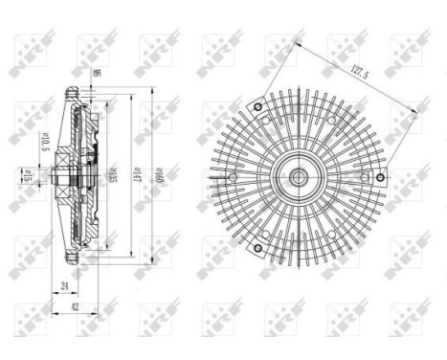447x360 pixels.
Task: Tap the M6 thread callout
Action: point(98,73)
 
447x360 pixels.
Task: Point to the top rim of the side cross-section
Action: point(71,90)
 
